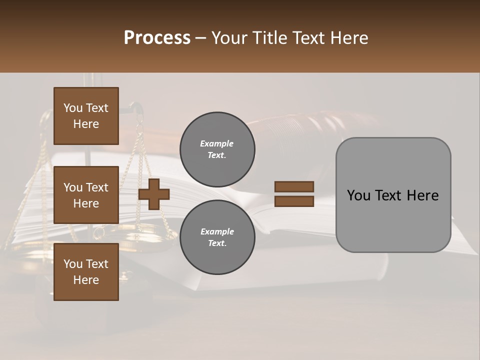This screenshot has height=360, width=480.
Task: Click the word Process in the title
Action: [157, 38]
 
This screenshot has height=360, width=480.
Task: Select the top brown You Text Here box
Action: [86, 116]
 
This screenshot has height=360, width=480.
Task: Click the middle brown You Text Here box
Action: [86, 195]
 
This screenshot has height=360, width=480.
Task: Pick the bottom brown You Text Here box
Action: [86, 272]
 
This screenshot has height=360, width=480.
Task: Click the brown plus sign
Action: [154, 194]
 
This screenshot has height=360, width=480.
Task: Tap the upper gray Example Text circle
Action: [217, 149]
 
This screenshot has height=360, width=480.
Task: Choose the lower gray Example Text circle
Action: [217, 237]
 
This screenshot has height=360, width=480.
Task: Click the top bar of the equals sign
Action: [294, 187]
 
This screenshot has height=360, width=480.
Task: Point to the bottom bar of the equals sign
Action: [294, 201]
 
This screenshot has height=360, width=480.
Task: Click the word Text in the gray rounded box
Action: [386, 195]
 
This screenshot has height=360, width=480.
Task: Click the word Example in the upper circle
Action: [217, 143]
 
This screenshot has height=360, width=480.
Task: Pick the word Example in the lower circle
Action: [217, 231]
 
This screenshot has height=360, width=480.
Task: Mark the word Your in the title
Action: [229, 38]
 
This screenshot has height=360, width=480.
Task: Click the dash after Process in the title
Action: [200, 38]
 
